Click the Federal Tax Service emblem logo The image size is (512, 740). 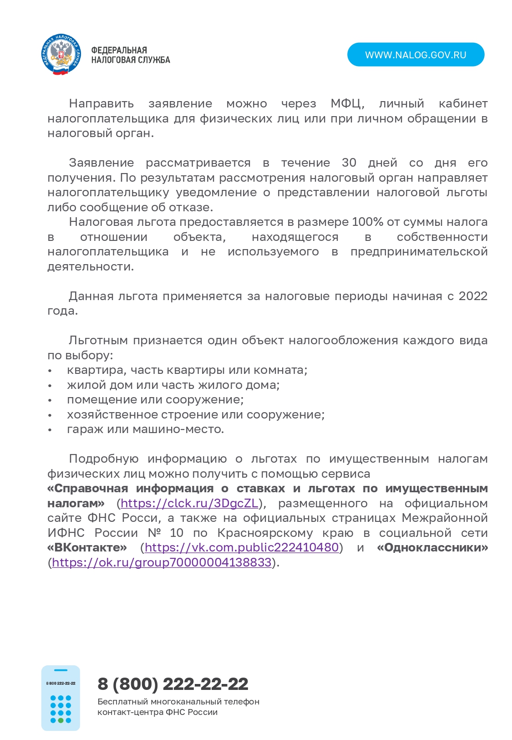pyautogui.click(x=61, y=55)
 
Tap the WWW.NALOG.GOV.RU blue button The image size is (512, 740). pyautogui.click(x=416, y=55)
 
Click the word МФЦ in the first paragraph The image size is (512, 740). pyautogui.click(x=347, y=104)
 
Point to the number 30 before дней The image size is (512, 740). pyautogui.click(x=349, y=163)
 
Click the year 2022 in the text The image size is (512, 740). pyautogui.click(x=473, y=296)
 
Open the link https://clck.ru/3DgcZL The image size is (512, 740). pyautogui.click(x=189, y=504)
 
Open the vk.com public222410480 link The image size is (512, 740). pyautogui.click(x=242, y=548)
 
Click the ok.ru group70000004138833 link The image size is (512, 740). pyautogui.click(x=162, y=563)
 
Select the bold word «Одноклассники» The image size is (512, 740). pyautogui.click(x=432, y=548)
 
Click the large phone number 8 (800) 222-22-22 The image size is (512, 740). pyautogui.click(x=173, y=684)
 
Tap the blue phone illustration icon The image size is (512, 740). pyautogui.click(x=61, y=698)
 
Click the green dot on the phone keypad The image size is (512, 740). pyautogui.click(x=61, y=720)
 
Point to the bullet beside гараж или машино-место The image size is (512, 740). pyautogui.click(x=50, y=430)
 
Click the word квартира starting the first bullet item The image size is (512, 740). pyautogui.click(x=96, y=370)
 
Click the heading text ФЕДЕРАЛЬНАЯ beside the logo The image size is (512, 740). pyautogui.click(x=119, y=50)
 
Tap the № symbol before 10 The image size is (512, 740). pyautogui.click(x=154, y=533)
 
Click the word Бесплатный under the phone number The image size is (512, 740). pyautogui.click(x=122, y=702)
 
